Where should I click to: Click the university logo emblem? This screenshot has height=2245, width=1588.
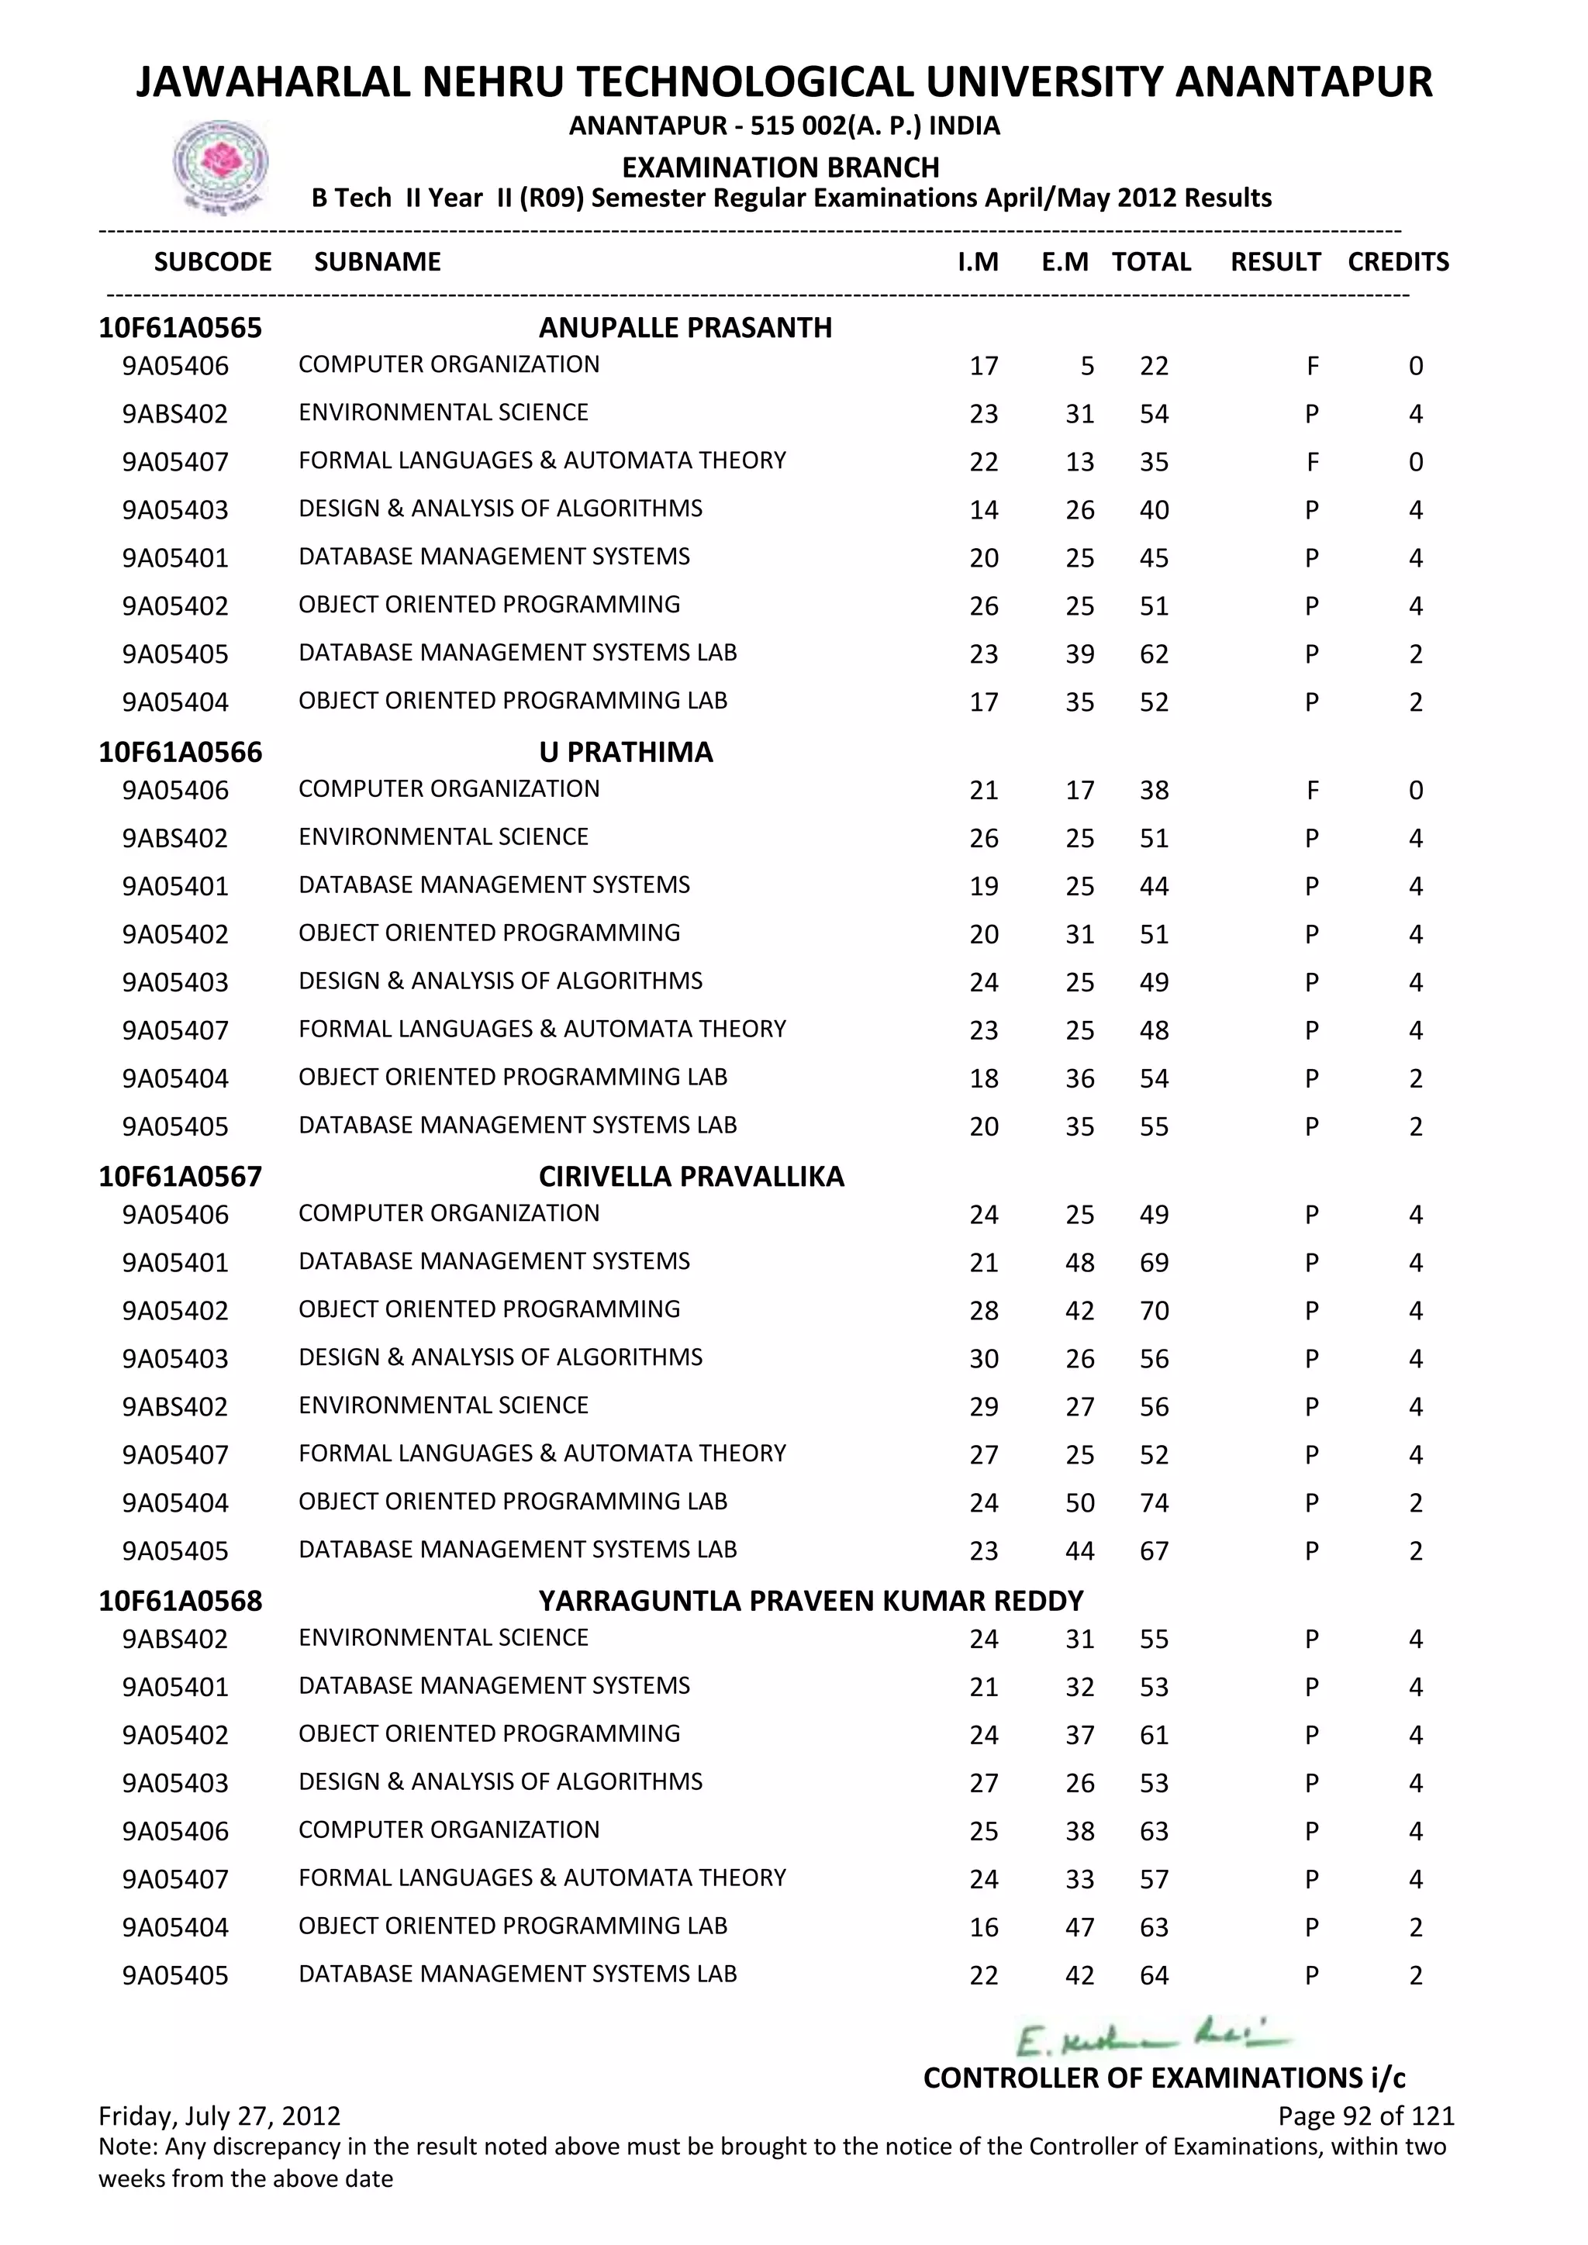click(220, 165)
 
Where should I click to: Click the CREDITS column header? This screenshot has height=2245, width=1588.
click(1397, 262)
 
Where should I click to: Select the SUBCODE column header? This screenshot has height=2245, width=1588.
click(213, 262)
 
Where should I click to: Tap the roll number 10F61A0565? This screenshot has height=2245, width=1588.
click(180, 328)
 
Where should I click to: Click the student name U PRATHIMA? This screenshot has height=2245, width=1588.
click(626, 752)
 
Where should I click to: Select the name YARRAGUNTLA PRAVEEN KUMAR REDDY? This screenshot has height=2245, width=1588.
click(810, 1601)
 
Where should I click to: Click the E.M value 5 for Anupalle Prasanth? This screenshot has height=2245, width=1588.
click(1086, 367)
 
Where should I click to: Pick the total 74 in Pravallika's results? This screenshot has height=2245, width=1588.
click(1154, 1503)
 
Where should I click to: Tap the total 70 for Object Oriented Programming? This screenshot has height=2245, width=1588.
click(1154, 1311)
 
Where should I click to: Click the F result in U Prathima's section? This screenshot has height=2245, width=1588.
click(1312, 791)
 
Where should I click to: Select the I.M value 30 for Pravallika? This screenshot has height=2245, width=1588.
click(984, 1359)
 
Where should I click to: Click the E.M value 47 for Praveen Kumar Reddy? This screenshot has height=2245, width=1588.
click(1079, 1927)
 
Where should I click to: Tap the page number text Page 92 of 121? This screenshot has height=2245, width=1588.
click(1365, 2116)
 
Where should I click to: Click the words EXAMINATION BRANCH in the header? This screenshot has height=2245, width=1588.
click(780, 167)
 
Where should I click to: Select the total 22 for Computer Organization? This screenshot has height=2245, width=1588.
click(1154, 367)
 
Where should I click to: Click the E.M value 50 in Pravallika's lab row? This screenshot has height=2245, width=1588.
click(1079, 1503)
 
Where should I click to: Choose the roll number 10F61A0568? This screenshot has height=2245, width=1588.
click(180, 1601)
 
